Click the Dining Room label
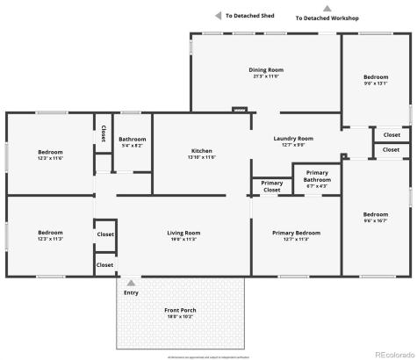(x=265, y=69)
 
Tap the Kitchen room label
(x=201, y=151)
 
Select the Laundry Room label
(x=293, y=139)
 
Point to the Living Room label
(x=184, y=233)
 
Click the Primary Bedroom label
(x=295, y=233)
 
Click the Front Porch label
(x=180, y=311)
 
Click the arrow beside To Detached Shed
(x=218, y=15)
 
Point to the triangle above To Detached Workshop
(x=327, y=8)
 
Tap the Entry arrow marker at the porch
(x=131, y=283)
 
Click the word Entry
(x=131, y=292)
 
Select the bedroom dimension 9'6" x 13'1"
(x=376, y=83)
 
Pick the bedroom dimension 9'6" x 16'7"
(x=376, y=220)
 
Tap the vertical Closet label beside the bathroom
(x=103, y=133)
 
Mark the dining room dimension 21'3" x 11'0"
(x=265, y=76)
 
